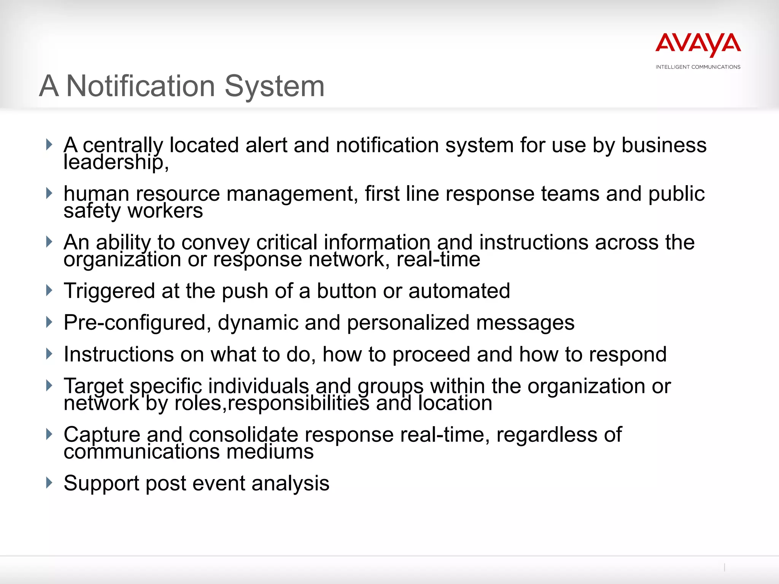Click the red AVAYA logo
tap(698, 44)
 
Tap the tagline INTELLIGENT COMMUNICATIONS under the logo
tap(698, 67)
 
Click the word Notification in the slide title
tap(141, 86)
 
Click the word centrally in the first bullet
tap(122, 146)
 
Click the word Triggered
tap(109, 292)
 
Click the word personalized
tap(408, 323)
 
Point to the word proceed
tap(431, 355)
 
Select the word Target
tap(94, 387)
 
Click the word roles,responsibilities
tap(272, 403)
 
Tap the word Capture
tap(102, 435)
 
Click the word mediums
tap(270, 452)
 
